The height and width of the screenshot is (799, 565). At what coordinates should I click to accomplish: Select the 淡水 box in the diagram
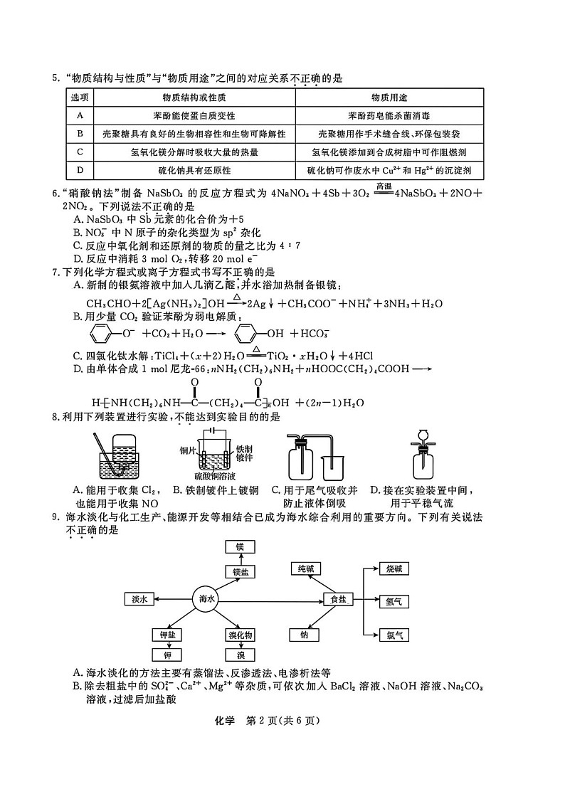pyautogui.click(x=139, y=600)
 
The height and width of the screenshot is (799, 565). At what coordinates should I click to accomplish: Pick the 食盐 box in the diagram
pyautogui.click(x=338, y=600)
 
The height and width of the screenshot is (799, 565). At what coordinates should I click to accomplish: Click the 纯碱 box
pyautogui.click(x=305, y=568)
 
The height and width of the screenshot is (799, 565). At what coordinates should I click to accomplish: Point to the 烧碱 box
pyautogui.click(x=394, y=569)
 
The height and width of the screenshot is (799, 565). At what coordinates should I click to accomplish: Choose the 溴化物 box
pyautogui.click(x=241, y=635)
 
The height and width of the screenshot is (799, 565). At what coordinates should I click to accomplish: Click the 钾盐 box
pyautogui.click(x=168, y=635)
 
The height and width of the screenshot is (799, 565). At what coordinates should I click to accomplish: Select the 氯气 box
pyautogui.click(x=394, y=635)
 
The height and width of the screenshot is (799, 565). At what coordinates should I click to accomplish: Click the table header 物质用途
pyautogui.click(x=389, y=97)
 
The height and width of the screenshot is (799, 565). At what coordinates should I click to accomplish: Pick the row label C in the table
pyautogui.click(x=80, y=152)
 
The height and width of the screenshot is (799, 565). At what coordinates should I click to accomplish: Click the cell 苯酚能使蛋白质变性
pyautogui.click(x=194, y=115)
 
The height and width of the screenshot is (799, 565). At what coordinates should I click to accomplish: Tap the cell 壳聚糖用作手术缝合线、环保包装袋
pyautogui.click(x=389, y=134)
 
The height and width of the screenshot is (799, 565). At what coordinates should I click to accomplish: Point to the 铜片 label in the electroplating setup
pyautogui.click(x=187, y=450)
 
